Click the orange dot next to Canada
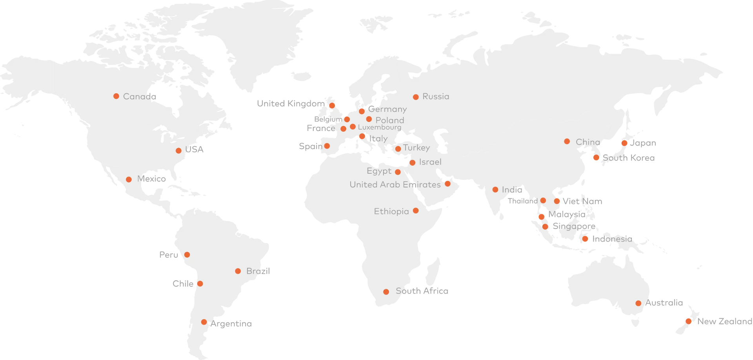coord(116,96)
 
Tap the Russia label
coord(436,96)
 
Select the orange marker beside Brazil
coord(238,271)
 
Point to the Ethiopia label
coord(391,211)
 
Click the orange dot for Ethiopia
coord(416,211)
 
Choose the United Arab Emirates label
coord(395,184)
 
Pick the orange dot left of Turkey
coord(398,149)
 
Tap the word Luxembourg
coord(379,127)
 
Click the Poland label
coord(389,120)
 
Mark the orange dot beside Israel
coord(412,163)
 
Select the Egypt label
coord(379,171)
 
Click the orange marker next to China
coord(567,141)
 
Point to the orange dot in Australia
coord(638,303)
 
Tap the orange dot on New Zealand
coord(688,321)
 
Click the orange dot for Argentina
coord(204,322)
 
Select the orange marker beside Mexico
coord(129,180)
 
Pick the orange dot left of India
coord(495,190)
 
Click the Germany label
coord(387,109)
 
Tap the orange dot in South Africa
coord(386,292)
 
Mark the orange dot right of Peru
coord(187,255)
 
